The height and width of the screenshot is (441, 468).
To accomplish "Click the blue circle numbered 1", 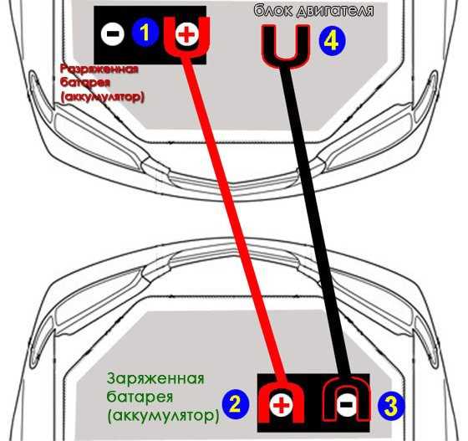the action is coord(145,33).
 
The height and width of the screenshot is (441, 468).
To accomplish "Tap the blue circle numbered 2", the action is coord(236,404).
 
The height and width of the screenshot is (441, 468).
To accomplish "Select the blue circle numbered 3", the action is coord(391,406).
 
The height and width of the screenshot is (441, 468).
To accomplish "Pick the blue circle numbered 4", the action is coord(332,42).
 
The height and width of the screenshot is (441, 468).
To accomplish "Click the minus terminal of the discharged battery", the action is coord(112,33).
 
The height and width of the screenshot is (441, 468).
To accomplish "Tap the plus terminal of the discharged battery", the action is coord(187,34).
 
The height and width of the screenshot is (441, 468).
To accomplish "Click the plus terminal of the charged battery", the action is coord(281,405).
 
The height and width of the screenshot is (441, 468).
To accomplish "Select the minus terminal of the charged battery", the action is coord(347,404).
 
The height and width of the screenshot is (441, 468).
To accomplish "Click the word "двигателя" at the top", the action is coord(335,10).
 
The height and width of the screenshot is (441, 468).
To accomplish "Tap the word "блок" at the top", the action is coord(273,9).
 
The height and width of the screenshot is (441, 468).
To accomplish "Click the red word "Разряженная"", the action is coord(99,69).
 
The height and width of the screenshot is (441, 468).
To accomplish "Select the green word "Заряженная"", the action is coord(155,379).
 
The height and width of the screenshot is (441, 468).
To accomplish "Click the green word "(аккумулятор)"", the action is coord(163,416).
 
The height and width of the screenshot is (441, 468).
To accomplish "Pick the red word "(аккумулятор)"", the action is coord(102,97).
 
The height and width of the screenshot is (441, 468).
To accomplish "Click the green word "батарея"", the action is coord(140,397).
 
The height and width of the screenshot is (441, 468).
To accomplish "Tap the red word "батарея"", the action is coord(84,83).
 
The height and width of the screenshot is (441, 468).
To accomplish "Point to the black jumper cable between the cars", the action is coord(317,221).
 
